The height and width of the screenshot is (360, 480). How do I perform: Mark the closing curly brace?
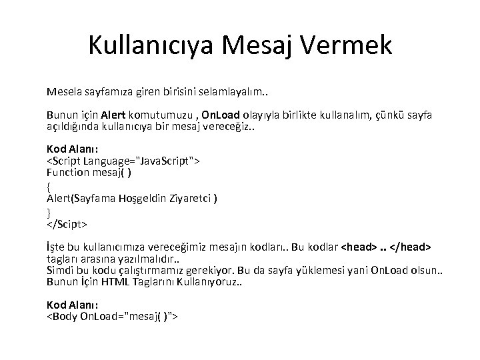[49, 212]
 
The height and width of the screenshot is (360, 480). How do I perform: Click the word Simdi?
[61, 271]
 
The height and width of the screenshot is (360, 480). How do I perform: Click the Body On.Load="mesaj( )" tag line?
[112, 316]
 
